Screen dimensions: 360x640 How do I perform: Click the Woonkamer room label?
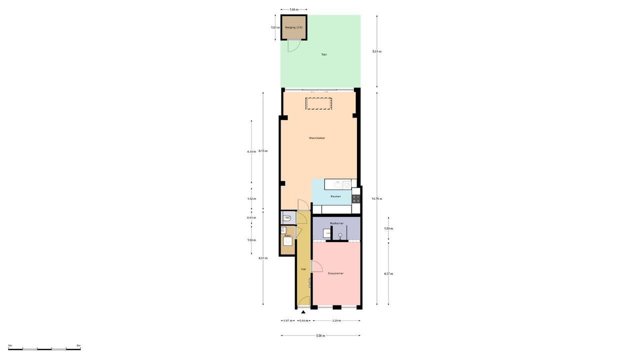pyautogui.click(x=317, y=138)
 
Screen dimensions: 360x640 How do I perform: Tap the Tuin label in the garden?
pyautogui.click(x=324, y=54)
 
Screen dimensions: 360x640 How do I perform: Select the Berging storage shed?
pyautogui.click(x=293, y=27)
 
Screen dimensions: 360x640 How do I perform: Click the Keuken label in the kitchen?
pyautogui.click(x=335, y=196)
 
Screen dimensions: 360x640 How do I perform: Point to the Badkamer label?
pyautogui.click(x=336, y=223)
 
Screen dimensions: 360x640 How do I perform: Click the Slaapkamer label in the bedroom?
pyautogui.click(x=335, y=273)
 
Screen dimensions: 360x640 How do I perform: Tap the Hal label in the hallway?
pyautogui.click(x=303, y=269)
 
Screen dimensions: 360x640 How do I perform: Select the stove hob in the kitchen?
pyautogui.click(x=356, y=198)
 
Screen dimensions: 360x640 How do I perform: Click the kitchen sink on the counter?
pyautogui.click(x=338, y=184)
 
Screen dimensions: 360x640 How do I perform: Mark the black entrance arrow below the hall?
pyautogui.click(x=303, y=312)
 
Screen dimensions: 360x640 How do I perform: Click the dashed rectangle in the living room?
pyautogui.click(x=318, y=103)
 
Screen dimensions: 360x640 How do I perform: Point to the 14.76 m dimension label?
pyautogui.click(x=376, y=198)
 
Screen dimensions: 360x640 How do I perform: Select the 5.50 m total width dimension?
pyautogui.click(x=320, y=336)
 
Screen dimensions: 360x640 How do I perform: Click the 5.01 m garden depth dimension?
pyautogui.click(x=377, y=51)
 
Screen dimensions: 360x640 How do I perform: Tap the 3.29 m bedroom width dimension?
pyautogui.click(x=336, y=321)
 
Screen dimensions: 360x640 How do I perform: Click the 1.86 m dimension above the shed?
pyautogui.click(x=293, y=9)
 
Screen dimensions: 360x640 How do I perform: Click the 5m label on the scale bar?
pyautogui.click(x=78, y=345)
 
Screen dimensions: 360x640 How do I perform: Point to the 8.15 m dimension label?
pyautogui.click(x=263, y=151)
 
